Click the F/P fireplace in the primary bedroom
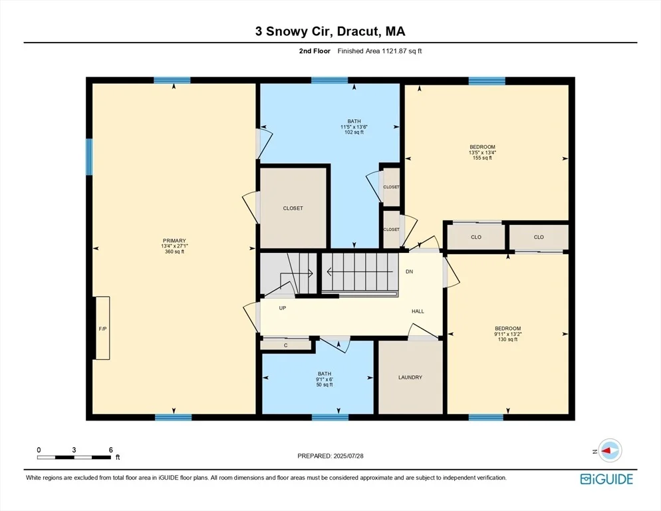102,328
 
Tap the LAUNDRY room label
410,377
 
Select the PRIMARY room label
174,241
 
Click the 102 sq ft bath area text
354,132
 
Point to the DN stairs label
410,271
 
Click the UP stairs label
283,308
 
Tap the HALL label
418,311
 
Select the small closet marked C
286,345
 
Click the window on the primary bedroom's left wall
89,156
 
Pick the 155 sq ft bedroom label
482,158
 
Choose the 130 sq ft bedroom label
507,339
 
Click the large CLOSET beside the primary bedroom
293,208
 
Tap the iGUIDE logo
606,479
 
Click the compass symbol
610,450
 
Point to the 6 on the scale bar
111,450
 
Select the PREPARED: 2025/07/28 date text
330,456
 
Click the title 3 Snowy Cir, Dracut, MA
330,31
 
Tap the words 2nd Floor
315,51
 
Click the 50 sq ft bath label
325,385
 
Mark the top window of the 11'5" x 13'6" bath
330,80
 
